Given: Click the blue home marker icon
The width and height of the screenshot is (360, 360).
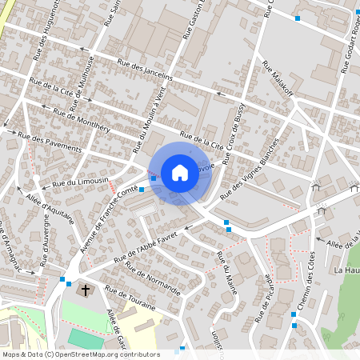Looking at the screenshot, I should coord(179,172).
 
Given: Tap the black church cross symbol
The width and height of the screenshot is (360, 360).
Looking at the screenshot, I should coord(86,289).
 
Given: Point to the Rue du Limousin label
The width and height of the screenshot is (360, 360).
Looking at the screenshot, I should coord(80,183).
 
